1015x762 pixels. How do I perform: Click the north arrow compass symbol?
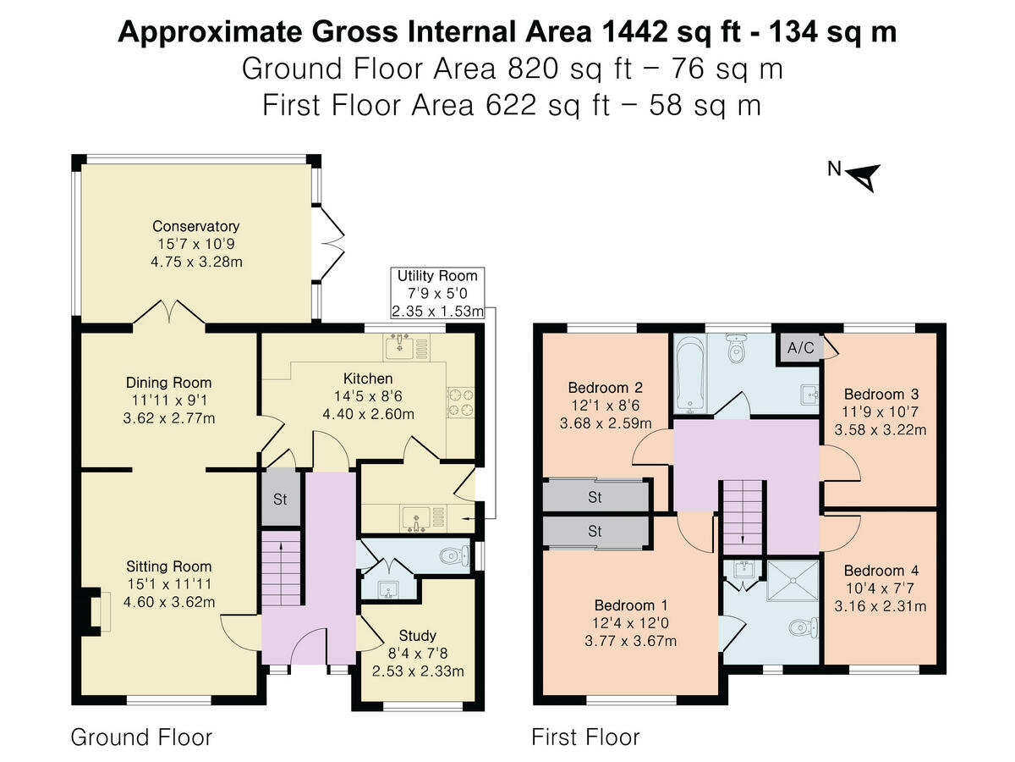[x=864, y=176]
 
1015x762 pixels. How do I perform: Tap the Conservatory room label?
[x=195, y=226]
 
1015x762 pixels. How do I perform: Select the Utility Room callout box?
[x=437, y=293]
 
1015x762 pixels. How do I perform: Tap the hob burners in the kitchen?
[x=461, y=402]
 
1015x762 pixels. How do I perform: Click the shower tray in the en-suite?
[x=793, y=580]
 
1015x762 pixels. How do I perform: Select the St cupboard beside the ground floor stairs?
[x=280, y=499]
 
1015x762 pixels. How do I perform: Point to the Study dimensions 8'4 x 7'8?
[x=418, y=653]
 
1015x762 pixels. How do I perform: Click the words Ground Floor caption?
[x=140, y=737]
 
